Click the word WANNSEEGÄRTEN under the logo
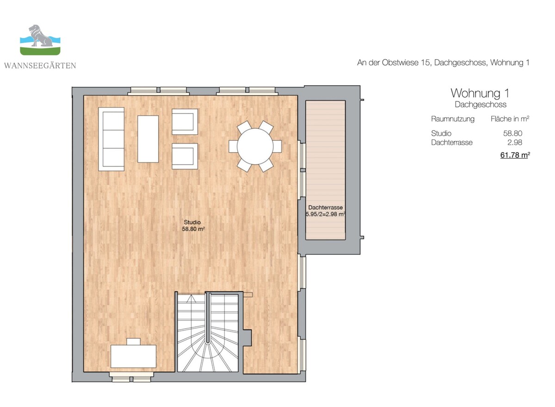click(40, 65)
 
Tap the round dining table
click(255, 146)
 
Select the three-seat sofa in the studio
click(111, 139)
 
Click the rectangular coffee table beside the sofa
click(148, 139)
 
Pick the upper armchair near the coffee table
click(185, 121)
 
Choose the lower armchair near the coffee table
click(185, 156)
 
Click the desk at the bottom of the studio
click(133, 356)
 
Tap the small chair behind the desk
click(133, 342)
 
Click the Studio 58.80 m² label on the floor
click(193, 225)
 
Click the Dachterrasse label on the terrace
click(325, 207)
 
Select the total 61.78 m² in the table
click(515, 155)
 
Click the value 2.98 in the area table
click(515, 142)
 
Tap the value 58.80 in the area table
click(512, 133)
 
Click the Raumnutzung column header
click(453, 119)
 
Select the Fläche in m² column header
click(510, 119)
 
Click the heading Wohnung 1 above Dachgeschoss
click(480, 93)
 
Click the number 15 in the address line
click(425, 63)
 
